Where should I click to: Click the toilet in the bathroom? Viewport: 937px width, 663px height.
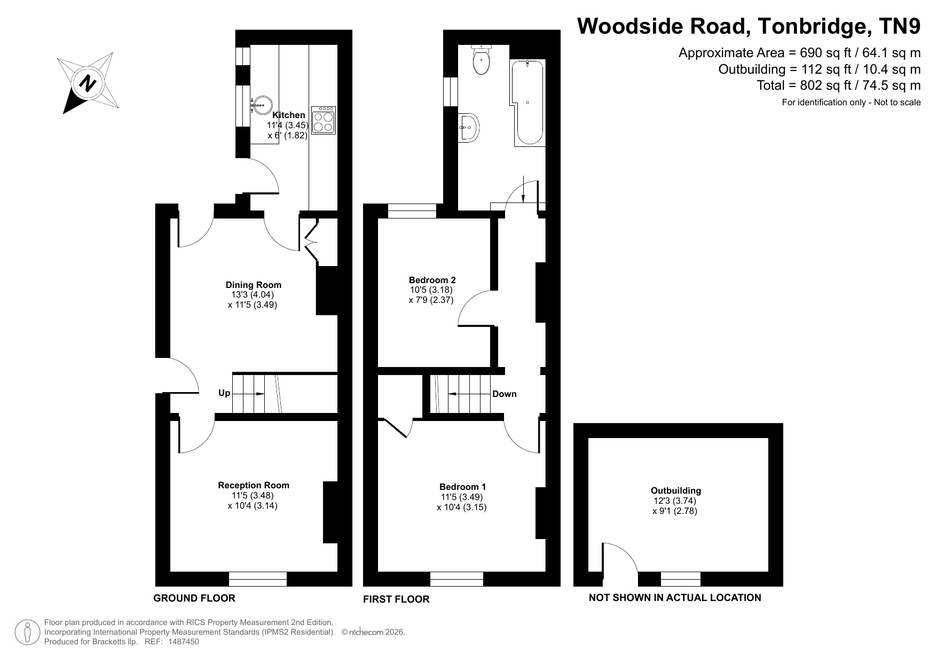coord(482,60)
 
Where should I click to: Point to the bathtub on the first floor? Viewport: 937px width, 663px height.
coord(529,103)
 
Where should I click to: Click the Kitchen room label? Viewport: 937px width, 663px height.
coord(289,115)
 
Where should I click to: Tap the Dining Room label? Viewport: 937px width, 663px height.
coord(254,285)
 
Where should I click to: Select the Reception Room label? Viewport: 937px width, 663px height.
coord(254,485)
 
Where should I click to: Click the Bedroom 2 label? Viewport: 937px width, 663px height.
coord(432,280)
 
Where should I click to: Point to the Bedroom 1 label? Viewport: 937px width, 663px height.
coord(463,487)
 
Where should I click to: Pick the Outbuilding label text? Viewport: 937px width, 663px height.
coord(676,490)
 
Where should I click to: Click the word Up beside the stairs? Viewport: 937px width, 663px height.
coord(224,393)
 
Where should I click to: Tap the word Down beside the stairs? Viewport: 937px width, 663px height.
coord(505,394)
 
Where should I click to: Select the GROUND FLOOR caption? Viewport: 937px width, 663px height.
coord(194,598)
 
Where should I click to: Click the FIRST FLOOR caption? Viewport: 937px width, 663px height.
coord(396,599)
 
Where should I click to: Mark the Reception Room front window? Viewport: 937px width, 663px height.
coord(258,579)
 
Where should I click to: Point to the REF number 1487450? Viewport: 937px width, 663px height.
coord(184,642)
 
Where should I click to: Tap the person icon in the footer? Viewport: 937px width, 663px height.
coord(27,633)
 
